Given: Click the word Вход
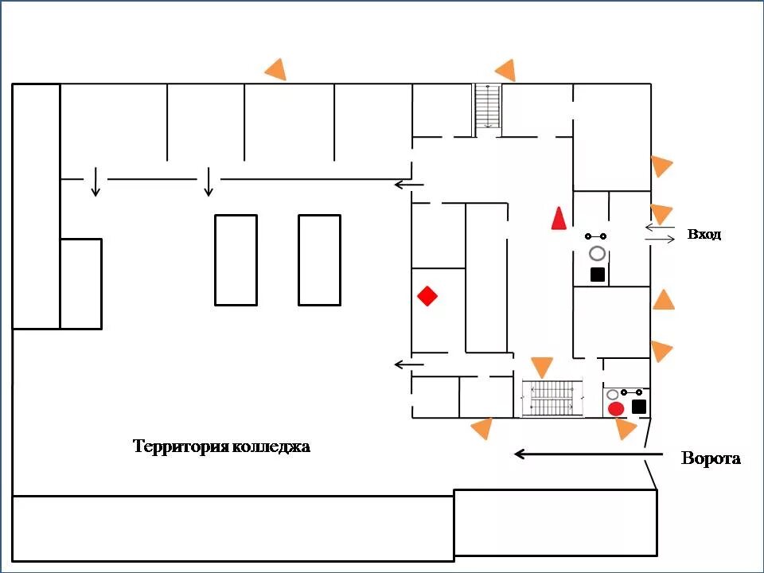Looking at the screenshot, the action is (x=704, y=234).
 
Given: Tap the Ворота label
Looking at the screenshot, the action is (x=711, y=458).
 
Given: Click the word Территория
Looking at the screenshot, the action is (x=181, y=446).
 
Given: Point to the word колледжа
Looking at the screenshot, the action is (x=271, y=446).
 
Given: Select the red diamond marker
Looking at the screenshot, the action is (x=427, y=296).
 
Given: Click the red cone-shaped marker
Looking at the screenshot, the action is (x=559, y=218).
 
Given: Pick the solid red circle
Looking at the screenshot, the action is (x=616, y=409).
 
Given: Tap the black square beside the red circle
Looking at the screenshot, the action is (x=639, y=407).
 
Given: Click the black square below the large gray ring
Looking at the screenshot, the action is (x=598, y=275).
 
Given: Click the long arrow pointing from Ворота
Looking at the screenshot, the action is (x=589, y=454).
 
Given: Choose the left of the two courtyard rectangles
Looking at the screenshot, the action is (x=236, y=260).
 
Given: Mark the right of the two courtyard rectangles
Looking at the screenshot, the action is (x=319, y=260).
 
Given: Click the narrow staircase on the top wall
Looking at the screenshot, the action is (x=488, y=106).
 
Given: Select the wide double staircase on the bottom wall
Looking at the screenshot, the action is (x=553, y=399).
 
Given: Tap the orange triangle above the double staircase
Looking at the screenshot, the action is (x=542, y=366).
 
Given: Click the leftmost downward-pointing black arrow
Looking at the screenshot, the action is (x=95, y=181).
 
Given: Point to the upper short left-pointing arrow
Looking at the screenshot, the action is (x=409, y=185).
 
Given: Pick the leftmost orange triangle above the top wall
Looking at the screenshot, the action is (x=277, y=70).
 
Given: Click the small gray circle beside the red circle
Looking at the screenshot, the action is (x=612, y=395).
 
